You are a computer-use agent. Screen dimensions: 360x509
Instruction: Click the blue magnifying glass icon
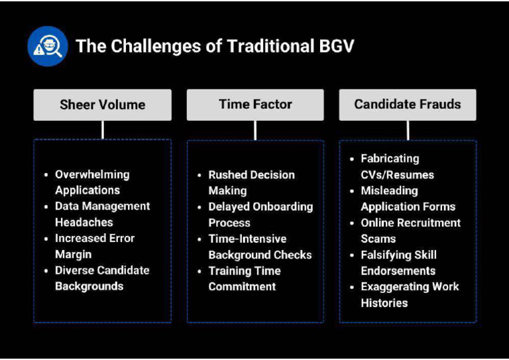click(x=48, y=46)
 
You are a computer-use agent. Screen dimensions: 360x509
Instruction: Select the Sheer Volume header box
click(x=102, y=105)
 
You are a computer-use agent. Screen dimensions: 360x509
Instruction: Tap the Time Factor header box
click(x=255, y=105)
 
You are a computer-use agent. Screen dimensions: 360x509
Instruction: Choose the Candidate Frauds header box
click(x=407, y=105)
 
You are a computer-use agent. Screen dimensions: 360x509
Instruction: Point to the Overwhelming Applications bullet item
click(x=92, y=182)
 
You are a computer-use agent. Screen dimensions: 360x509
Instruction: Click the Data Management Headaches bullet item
click(x=102, y=214)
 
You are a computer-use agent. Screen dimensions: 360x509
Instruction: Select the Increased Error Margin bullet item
click(x=94, y=246)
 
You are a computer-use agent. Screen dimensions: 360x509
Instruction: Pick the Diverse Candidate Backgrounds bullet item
click(x=101, y=278)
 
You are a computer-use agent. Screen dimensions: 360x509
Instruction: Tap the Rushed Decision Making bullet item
click(x=251, y=182)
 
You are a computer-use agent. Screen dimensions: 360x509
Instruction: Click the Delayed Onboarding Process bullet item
click(x=260, y=214)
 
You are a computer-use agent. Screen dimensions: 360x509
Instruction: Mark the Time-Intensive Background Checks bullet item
click(x=260, y=247)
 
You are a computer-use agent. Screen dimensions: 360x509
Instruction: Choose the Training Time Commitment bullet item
click(x=244, y=278)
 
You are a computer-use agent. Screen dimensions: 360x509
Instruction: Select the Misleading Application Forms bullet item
click(x=408, y=198)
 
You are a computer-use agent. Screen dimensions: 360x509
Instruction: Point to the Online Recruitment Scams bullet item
click(x=410, y=230)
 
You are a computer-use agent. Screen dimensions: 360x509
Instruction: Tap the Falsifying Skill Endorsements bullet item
click(x=398, y=263)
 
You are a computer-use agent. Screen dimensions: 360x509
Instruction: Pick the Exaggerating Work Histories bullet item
click(x=410, y=294)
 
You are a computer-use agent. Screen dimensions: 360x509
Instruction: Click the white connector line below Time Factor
click(x=255, y=130)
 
